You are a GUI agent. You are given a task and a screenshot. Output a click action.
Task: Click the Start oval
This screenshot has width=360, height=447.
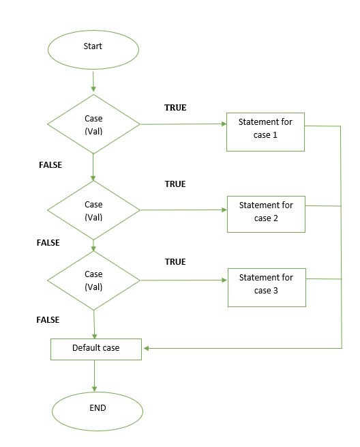click(x=93, y=50)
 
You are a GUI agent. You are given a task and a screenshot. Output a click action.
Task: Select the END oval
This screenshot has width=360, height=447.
click(x=97, y=411)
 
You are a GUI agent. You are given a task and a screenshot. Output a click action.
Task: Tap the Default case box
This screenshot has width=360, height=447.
click(x=96, y=349)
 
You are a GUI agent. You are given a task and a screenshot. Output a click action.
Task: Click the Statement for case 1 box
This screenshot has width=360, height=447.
click(x=265, y=132)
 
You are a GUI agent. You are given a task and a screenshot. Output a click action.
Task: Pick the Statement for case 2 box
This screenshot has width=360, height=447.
click(x=266, y=214)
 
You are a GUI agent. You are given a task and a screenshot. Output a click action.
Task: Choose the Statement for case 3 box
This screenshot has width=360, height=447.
click(x=267, y=287)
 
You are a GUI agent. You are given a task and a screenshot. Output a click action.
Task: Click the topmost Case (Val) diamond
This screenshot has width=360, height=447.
click(x=93, y=124)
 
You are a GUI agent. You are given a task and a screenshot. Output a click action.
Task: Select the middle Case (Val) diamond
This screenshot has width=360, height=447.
click(x=93, y=210)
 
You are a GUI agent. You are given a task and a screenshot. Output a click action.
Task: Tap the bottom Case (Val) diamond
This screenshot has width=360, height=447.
click(x=93, y=280)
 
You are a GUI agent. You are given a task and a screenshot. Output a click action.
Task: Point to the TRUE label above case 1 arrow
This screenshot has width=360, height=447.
click(x=175, y=107)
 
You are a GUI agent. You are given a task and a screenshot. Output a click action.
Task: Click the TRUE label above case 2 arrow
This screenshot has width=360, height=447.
click(x=175, y=184)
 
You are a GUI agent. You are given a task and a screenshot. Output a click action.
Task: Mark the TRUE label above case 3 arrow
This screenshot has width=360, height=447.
click(x=175, y=261)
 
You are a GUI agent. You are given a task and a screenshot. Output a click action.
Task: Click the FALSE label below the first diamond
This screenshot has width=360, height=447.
click(x=50, y=164)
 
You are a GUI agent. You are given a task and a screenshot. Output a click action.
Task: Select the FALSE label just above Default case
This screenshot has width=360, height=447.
click(x=48, y=320)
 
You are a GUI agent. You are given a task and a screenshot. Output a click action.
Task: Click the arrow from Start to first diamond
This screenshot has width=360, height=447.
click(x=93, y=81)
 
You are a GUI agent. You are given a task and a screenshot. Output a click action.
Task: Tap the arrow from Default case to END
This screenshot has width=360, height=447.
click(x=94, y=376)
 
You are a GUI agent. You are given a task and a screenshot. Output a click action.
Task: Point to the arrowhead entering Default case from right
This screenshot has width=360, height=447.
click(x=146, y=348)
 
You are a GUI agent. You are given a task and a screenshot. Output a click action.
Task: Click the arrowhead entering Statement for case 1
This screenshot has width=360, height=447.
click(x=224, y=124)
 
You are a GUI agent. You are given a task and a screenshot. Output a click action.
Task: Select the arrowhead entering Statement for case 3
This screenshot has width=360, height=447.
click(x=224, y=280)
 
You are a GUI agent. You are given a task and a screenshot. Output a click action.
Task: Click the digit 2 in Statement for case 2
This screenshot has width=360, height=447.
click(x=275, y=218)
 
